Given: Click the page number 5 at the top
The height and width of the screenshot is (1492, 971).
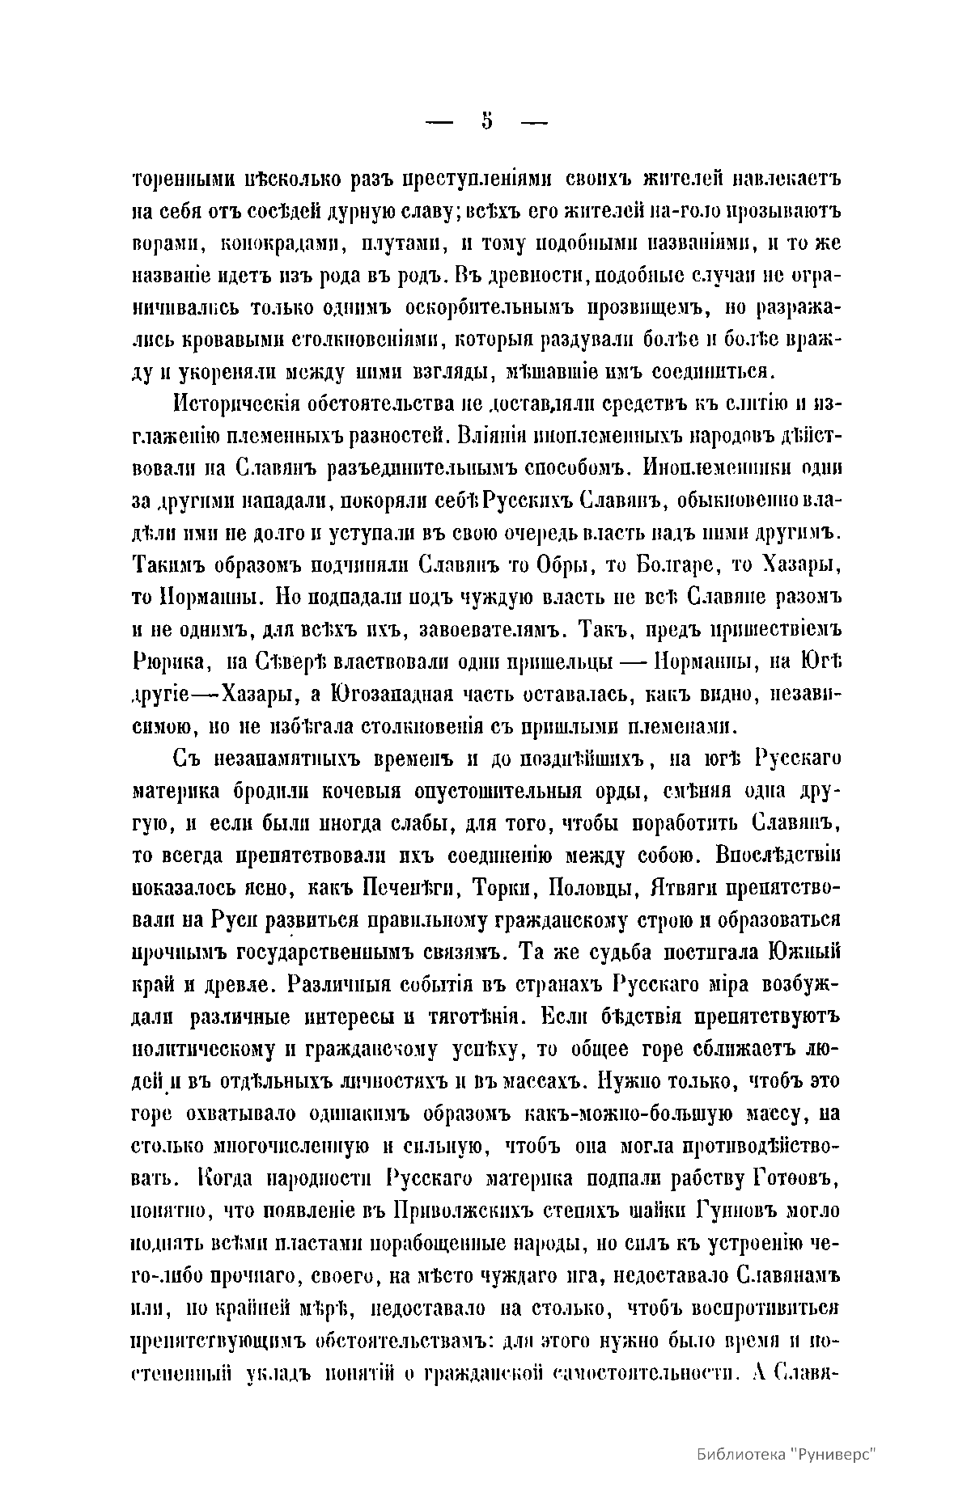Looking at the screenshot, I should (487, 121).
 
